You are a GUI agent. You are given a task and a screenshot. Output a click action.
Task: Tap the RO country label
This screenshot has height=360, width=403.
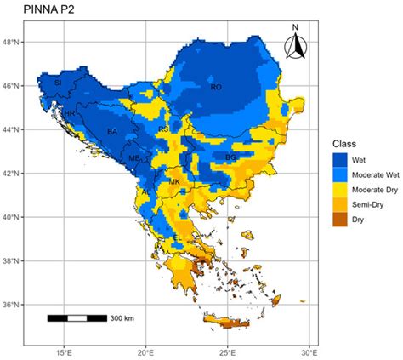216,87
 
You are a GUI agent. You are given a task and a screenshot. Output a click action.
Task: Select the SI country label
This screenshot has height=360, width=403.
58,83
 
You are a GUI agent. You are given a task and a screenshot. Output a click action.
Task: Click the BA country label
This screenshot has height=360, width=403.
112,131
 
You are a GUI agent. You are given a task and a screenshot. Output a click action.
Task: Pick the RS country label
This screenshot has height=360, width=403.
163,129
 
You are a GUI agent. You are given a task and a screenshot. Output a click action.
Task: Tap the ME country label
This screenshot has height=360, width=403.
133,158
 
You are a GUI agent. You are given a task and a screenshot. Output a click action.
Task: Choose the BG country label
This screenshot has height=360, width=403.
230,157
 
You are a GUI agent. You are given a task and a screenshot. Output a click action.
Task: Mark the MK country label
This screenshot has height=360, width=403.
174,182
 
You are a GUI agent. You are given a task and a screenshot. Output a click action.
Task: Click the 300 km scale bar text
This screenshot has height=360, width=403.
122,319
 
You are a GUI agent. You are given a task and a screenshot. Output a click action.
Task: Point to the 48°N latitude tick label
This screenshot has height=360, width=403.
15,42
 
